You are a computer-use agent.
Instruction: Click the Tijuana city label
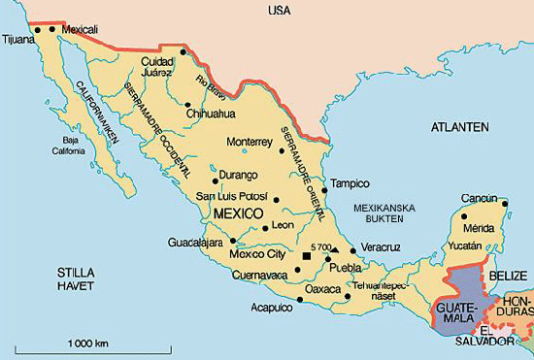[19, 40]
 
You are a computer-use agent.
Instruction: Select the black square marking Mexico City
[308, 255]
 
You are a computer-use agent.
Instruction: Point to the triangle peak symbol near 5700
[335, 248]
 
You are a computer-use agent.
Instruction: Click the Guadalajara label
[195, 242]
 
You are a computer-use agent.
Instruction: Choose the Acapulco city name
[273, 308]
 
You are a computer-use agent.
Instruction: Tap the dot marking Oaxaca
[300, 300]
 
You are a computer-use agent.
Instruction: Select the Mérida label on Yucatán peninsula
[479, 228]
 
